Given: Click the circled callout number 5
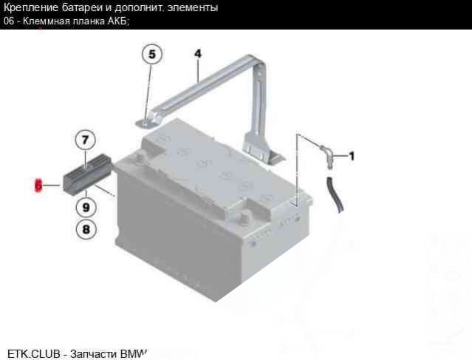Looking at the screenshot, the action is coord(152,55).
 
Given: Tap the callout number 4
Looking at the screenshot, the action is coord(197,54).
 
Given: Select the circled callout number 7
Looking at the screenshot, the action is coord(85,140).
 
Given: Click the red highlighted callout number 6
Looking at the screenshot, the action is coord(38,185).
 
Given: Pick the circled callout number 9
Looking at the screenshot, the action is coord(86,207).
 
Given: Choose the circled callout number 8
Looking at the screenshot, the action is coord(86,229).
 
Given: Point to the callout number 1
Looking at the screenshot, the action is coord(352,156).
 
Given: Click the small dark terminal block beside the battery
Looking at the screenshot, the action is coord(87,174).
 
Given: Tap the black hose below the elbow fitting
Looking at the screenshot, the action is coord(335,194).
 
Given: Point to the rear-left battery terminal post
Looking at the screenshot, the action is coord(140,156).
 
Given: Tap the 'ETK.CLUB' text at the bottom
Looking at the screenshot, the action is coord(33,354).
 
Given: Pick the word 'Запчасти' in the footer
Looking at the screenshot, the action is coord(94,354).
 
